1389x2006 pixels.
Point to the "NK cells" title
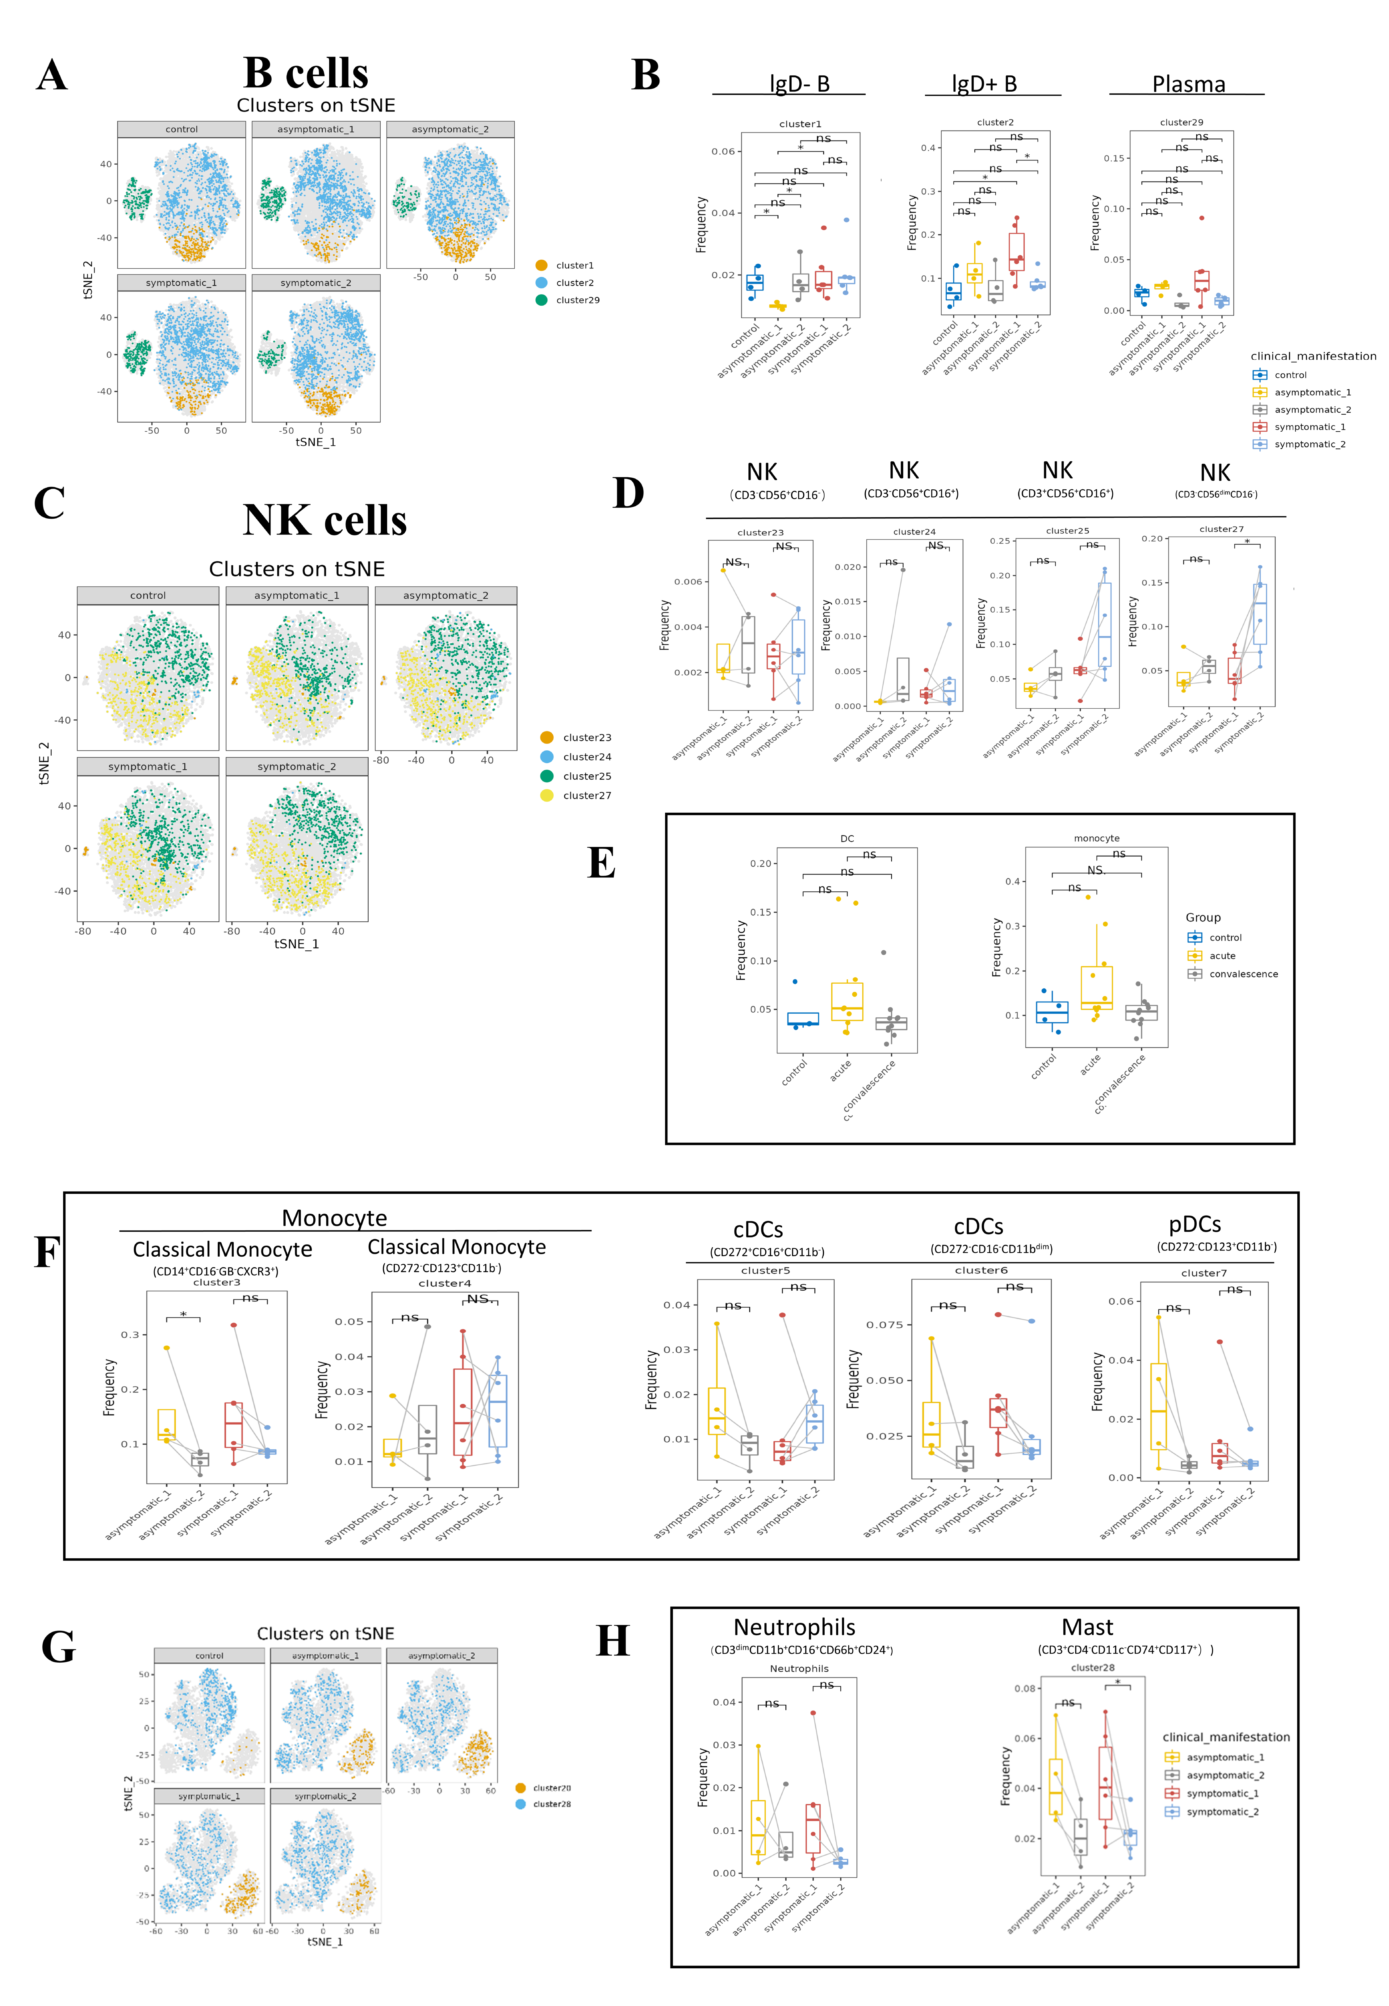pyautogui.click(x=324, y=521)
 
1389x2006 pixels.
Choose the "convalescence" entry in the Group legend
pyautogui.click(x=1243, y=974)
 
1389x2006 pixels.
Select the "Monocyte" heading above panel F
pyautogui.click(x=334, y=1217)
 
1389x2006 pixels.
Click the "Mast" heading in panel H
pyautogui.click(x=1087, y=1627)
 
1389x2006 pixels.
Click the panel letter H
pyautogui.click(x=613, y=1640)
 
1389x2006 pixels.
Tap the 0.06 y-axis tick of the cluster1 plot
pyautogui.click(x=723, y=151)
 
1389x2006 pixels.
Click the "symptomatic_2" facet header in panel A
pyautogui.click(x=316, y=283)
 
